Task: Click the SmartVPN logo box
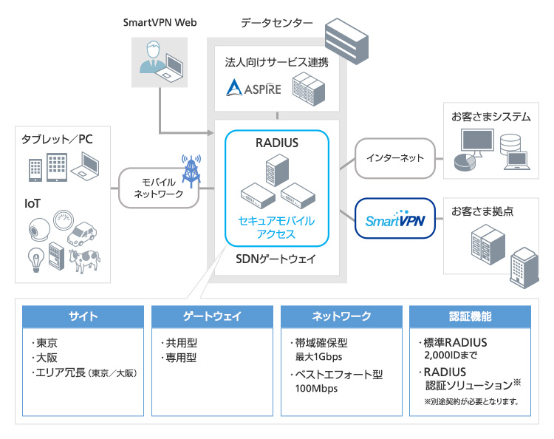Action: (x=394, y=219)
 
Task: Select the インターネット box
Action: (x=394, y=157)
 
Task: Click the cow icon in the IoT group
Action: (x=85, y=260)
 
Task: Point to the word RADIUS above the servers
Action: (x=277, y=142)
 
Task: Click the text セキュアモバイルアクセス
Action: (x=276, y=227)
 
